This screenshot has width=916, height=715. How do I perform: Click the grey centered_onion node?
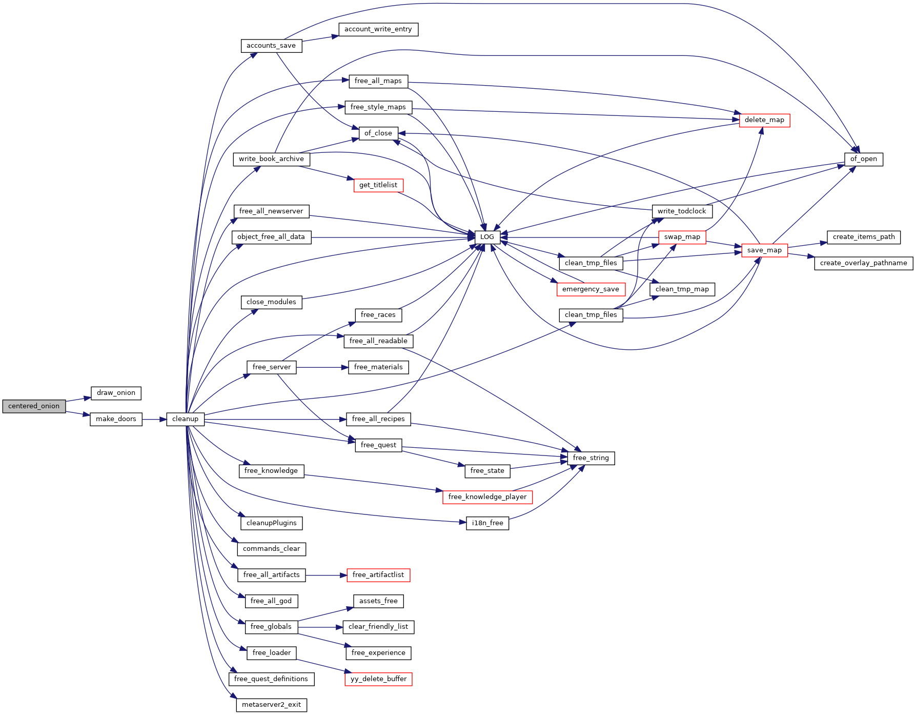coord(34,406)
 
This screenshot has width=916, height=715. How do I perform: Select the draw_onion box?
coord(116,393)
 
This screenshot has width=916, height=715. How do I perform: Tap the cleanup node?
coord(185,419)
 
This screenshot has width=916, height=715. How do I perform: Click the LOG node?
coord(487,237)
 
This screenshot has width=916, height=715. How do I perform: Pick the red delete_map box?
coord(764,120)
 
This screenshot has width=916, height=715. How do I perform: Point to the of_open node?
coord(863,159)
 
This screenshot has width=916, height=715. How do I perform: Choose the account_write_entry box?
coord(378,29)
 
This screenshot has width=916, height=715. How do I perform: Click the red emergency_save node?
coord(591,289)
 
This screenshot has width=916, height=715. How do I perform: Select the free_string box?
coord(591,458)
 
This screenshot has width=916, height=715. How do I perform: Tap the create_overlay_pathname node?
coord(863,263)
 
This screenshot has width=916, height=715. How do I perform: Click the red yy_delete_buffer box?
coord(378,679)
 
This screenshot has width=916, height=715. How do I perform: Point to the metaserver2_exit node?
coord(271,705)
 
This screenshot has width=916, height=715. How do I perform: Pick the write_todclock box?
coord(682,211)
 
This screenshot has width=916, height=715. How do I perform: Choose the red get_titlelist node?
coord(378,185)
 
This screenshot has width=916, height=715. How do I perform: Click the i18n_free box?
coord(487,523)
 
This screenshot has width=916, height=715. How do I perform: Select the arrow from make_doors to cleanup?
coord(154,419)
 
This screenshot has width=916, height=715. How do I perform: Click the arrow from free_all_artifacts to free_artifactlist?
coord(326,575)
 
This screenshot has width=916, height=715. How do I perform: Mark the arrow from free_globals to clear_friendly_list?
coord(320,627)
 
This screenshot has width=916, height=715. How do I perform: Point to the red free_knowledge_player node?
coord(487,497)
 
